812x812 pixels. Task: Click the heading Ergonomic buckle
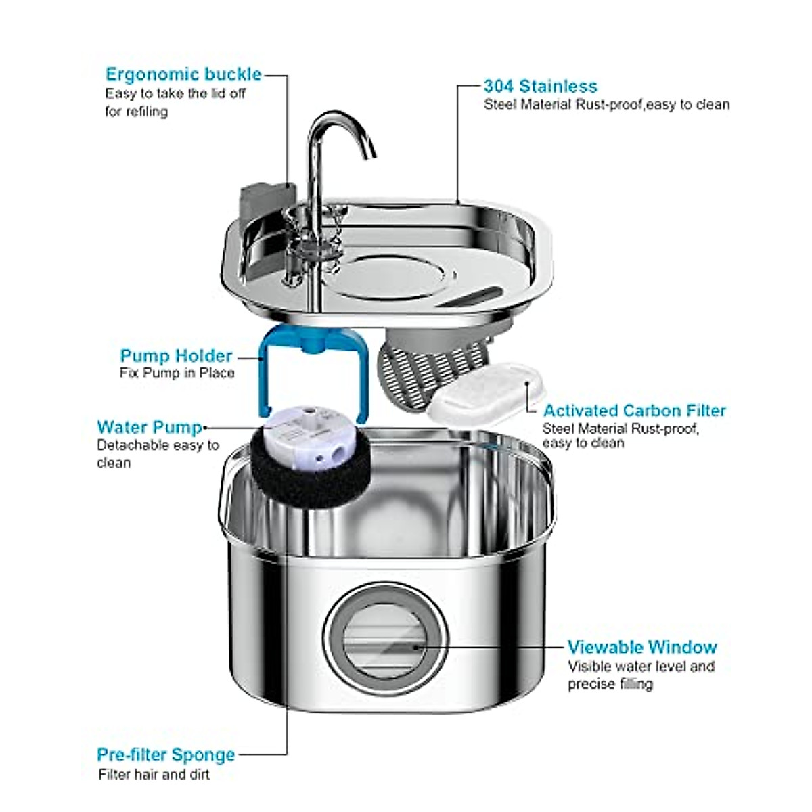(x=183, y=74)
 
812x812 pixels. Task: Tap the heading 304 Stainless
(x=540, y=87)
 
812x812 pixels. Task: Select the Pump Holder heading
(x=176, y=356)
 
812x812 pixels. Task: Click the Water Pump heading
(x=150, y=428)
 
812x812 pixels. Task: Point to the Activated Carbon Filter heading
(x=634, y=411)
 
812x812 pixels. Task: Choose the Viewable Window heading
(x=641, y=648)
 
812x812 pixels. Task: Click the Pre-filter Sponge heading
(x=166, y=754)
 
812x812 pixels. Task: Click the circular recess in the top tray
(x=389, y=275)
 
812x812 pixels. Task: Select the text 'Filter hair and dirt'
(x=154, y=775)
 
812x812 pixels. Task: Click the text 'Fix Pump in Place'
(x=177, y=373)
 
